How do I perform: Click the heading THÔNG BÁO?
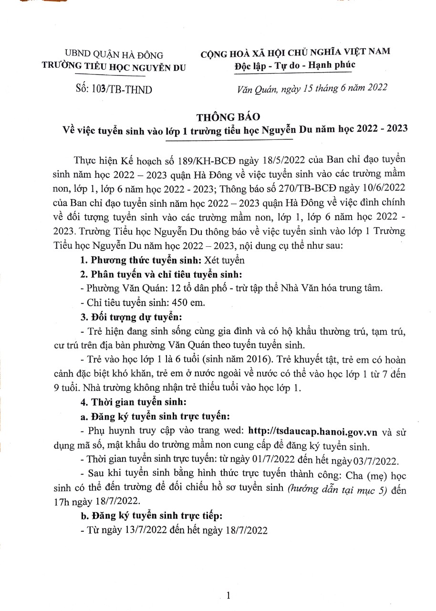click(x=228, y=116)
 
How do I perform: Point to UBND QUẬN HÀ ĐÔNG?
click(x=114, y=55)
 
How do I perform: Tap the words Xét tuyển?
click(x=224, y=260)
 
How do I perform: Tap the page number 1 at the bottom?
click(x=229, y=595)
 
